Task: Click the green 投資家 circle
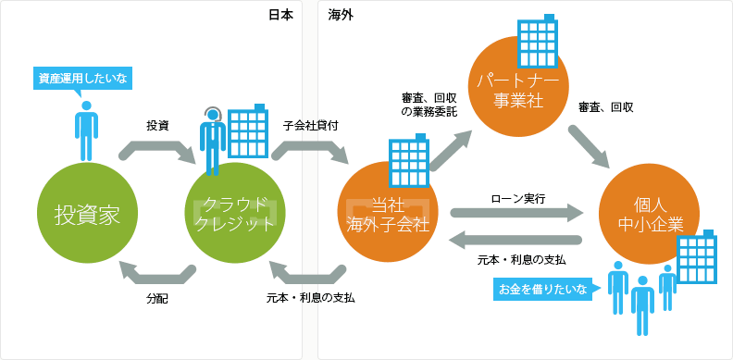(82, 214)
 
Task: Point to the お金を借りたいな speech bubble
(543, 290)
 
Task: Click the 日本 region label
(281, 14)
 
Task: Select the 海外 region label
(341, 14)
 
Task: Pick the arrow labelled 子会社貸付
(311, 148)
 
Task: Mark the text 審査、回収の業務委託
(428, 104)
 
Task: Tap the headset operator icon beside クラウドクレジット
(213, 139)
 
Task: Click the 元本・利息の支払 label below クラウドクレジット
(310, 298)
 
